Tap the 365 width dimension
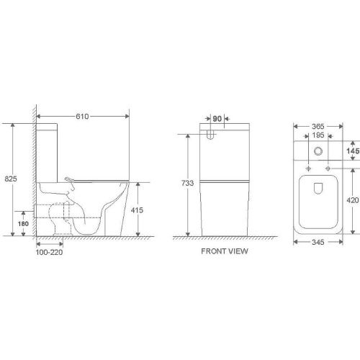[x=317, y=126]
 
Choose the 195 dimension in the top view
[x=317, y=135]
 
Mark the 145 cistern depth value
[x=351, y=152]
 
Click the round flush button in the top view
[x=317, y=151]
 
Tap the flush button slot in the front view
[x=212, y=134]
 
